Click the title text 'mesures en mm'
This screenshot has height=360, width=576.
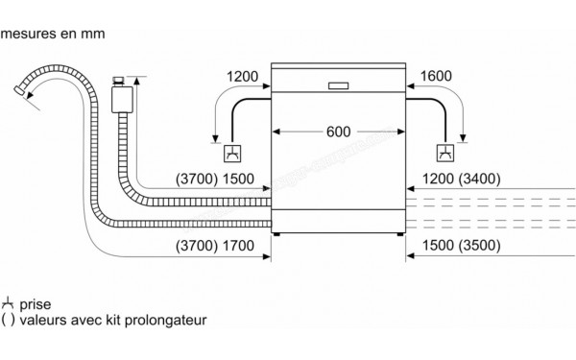tap(52, 35)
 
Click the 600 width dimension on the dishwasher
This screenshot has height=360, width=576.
tap(337, 132)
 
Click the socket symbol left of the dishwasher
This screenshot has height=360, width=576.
tap(232, 153)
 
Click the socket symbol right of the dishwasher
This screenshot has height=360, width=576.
tap(444, 153)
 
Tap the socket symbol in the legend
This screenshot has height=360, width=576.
tap(9, 302)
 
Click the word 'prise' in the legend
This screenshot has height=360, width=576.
tap(34, 303)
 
